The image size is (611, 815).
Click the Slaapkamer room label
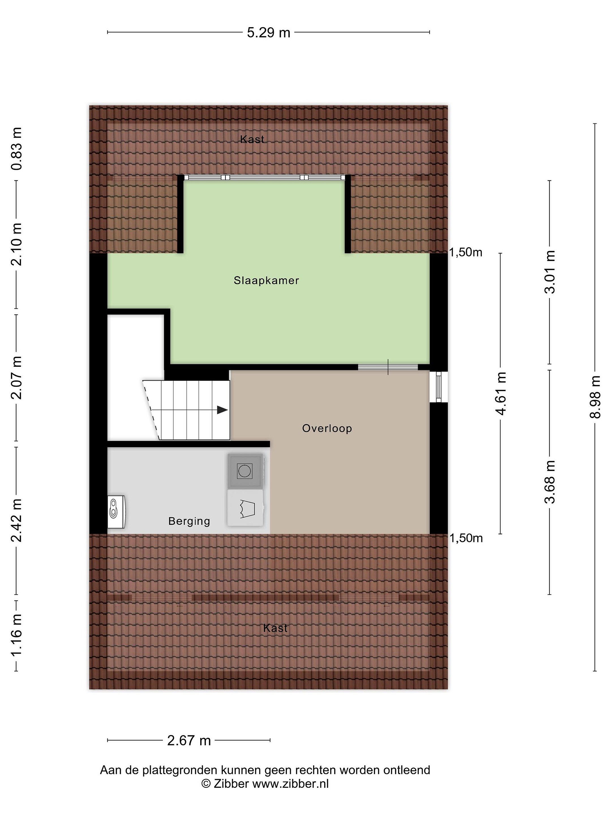266,280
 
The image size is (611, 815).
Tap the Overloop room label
327,428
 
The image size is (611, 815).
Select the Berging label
189,521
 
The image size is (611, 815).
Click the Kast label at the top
252,139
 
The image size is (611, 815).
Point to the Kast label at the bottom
275,628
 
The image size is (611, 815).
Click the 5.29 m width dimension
268,33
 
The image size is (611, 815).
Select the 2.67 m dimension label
189,740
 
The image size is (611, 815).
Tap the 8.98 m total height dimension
595,397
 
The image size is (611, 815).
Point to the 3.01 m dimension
550,272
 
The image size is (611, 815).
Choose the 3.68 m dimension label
550,482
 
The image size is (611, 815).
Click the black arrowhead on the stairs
222,410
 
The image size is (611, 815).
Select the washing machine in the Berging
245,471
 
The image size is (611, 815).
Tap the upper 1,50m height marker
466,252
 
